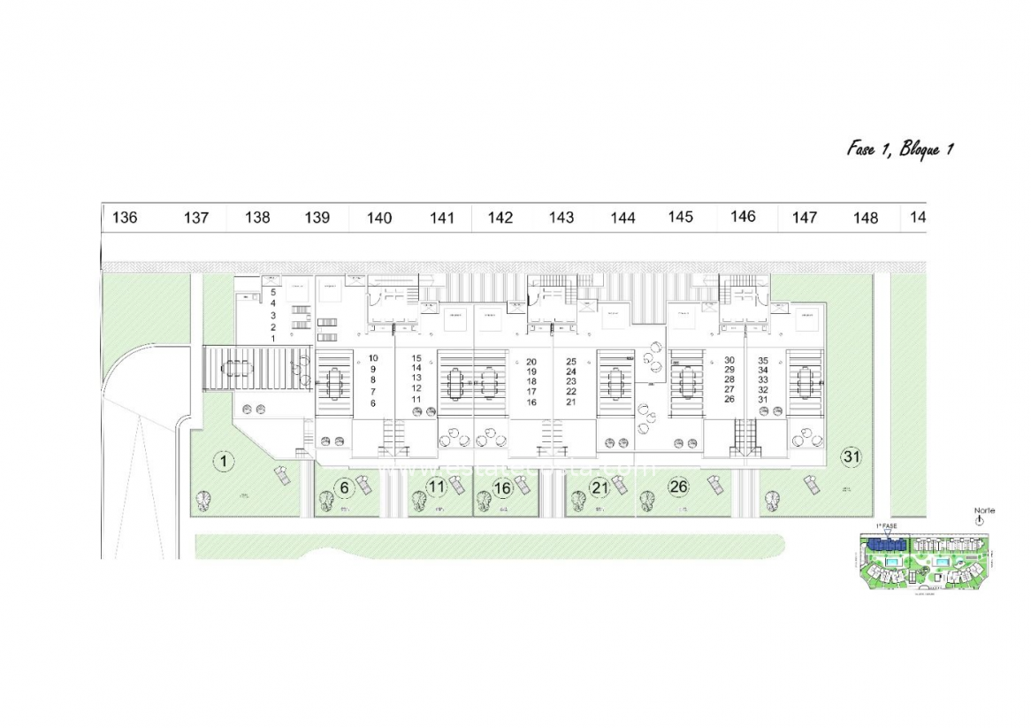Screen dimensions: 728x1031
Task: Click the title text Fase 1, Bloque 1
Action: (x=899, y=149)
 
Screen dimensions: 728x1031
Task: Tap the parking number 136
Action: (x=126, y=218)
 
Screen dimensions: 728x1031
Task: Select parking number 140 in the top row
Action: (x=379, y=218)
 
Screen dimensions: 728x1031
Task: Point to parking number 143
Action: (x=561, y=218)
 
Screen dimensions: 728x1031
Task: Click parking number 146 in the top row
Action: (x=743, y=217)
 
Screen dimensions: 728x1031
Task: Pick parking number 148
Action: (x=866, y=218)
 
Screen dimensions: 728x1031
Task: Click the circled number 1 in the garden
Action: (x=225, y=460)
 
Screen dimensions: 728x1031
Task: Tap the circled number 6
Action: (x=346, y=487)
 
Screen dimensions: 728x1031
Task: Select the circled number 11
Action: (x=436, y=487)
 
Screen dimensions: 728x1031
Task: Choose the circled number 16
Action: (x=503, y=487)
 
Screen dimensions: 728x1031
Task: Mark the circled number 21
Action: (x=600, y=487)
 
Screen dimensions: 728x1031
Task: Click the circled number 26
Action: (x=679, y=486)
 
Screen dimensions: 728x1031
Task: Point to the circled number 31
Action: (x=852, y=456)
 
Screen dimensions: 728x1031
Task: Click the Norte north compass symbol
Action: (x=979, y=521)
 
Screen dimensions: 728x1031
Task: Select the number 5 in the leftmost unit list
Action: (x=273, y=291)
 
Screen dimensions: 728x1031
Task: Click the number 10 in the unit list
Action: (x=373, y=358)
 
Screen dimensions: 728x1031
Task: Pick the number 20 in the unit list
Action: (x=531, y=362)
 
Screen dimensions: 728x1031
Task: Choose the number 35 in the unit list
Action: (x=763, y=361)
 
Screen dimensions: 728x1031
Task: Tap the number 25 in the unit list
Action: (x=571, y=362)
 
